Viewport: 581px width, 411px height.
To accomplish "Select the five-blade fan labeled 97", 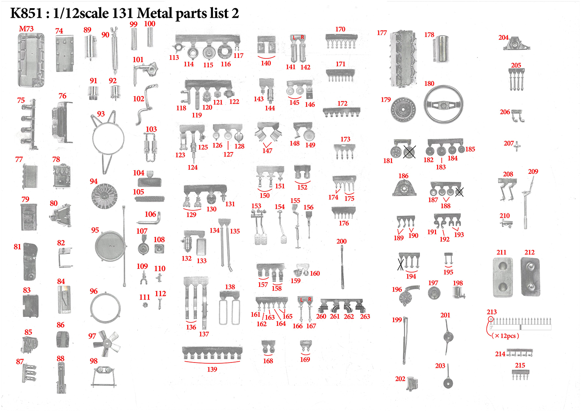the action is pyautogui.click(x=106, y=343).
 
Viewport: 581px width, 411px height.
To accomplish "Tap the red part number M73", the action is pyautogui.click(x=26, y=29).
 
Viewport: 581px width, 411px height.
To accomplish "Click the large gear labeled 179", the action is pyautogui.click(x=403, y=110).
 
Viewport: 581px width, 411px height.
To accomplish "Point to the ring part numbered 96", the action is pyautogui.click(x=91, y=308).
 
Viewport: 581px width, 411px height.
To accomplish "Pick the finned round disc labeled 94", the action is pyautogui.click(x=104, y=196).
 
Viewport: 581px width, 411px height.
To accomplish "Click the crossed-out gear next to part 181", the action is pyautogui.click(x=409, y=152).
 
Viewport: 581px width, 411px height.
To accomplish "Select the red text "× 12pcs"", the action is pyautogui.click(x=505, y=336).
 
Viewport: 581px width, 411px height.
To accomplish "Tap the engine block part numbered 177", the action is pyautogui.click(x=403, y=59).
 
